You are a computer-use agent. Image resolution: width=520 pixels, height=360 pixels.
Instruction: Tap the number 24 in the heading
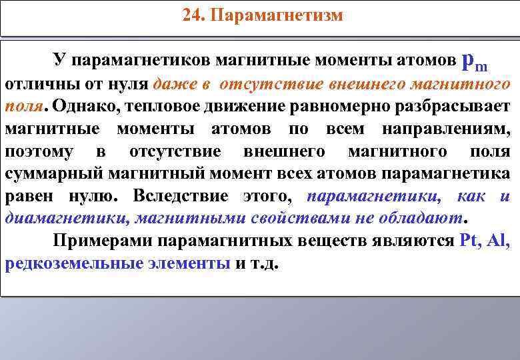tap(191, 15)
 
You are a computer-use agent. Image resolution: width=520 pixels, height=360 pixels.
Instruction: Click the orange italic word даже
tap(173, 84)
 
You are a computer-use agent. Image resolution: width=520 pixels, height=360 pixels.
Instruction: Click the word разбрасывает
tap(453, 107)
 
